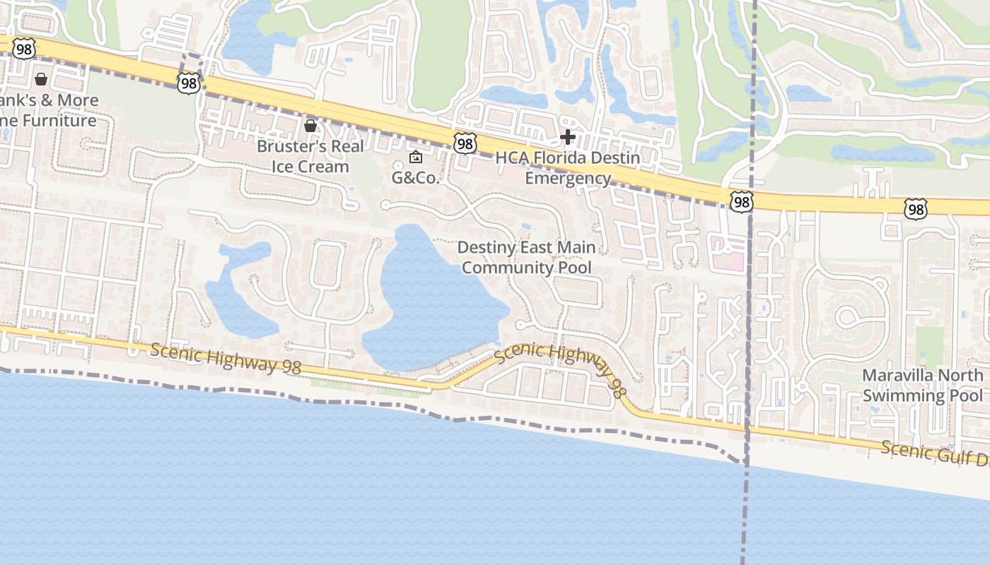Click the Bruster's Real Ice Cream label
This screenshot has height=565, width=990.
click(x=310, y=156)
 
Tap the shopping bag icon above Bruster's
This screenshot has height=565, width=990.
click(x=310, y=126)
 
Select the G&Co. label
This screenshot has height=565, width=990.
click(x=416, y=178)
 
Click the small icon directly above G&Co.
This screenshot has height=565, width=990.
click(x=416, y=157)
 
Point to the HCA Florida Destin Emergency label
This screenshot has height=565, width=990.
click(x=568, y=167)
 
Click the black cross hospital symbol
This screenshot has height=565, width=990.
click(x=568, y=136)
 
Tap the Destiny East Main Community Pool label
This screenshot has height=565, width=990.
click(x=527, y=257)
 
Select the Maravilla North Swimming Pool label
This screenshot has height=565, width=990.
click(x=922, y=385)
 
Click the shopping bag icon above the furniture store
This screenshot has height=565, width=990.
click(x=41, y=78)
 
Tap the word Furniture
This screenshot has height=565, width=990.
click(x=59, y=121)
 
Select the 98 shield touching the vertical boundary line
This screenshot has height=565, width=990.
click(x=742, y=203)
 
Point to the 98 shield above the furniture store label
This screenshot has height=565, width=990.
click(x=23, y=48)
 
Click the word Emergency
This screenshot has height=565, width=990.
click(x=568, y=178)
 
